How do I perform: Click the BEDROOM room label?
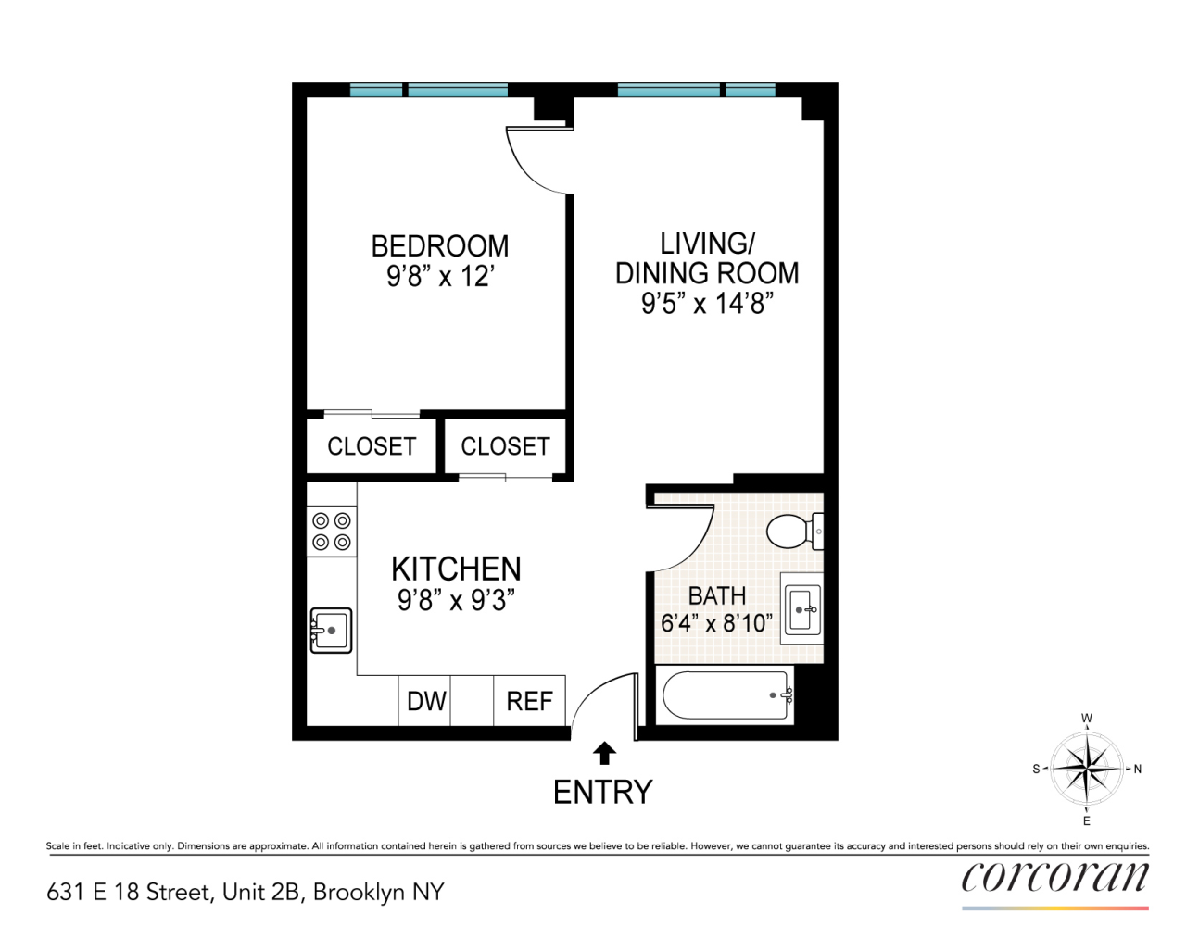coord(439,246)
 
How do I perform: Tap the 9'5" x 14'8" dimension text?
coord(707,304)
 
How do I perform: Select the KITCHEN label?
coord(456,569)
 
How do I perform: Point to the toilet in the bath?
coord(790,532)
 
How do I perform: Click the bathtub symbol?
coord(725,695)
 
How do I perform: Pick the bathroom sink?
coord(802,609)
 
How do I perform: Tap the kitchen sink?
coord(331,630)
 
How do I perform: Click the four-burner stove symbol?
coord(332,532)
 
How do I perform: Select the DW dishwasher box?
coord(426,701)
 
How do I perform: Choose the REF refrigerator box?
coord(529,701)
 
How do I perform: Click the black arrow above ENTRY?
coord(604,753)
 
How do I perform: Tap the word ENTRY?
coord(603,793)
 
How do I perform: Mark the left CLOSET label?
coord(372,446)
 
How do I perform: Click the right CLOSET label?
coord(505,446)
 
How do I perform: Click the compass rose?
coord(1087,769)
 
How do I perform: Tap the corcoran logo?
coord(1054,878)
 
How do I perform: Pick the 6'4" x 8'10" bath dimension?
coord(716,623)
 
